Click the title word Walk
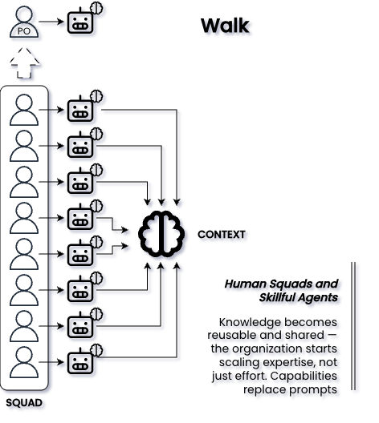[x=225, y=26]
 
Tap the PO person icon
[x=24, y=22]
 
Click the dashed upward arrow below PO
[x=24, y=62]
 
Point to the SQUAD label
[x=24, y=403]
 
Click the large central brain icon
[x=161, y=234]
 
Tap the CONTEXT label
[x=222, y=235]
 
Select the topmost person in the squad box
[x=24, y=110]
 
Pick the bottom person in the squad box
[x=24, y=362]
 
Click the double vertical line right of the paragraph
[x=353, y=326]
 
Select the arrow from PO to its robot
[x=51, y=22]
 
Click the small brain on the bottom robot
[x=96, y=350]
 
